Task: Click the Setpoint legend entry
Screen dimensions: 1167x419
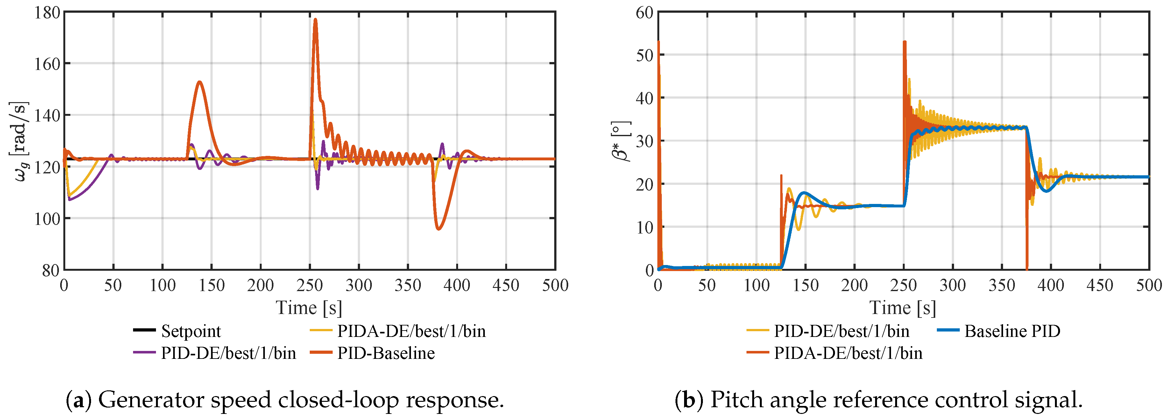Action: tap(177, 331)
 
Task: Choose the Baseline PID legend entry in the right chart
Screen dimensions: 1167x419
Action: tap(999, 331)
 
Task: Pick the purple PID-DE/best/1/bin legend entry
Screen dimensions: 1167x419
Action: tap(214, 353)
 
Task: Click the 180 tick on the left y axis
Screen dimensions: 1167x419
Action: tap(47, 13)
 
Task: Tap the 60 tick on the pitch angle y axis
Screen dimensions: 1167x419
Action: tap(644, 13)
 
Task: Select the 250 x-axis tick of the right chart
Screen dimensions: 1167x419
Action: tap(904, 285)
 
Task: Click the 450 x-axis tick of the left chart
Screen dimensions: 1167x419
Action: tap(506, 285)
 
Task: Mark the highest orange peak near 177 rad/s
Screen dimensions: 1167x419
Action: tap(315, 19)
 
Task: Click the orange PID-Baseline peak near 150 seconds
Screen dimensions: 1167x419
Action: tap(199, 82)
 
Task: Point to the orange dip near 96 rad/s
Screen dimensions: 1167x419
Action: tap(438, 229)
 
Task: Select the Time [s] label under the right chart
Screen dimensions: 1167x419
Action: tap(903, 308)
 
